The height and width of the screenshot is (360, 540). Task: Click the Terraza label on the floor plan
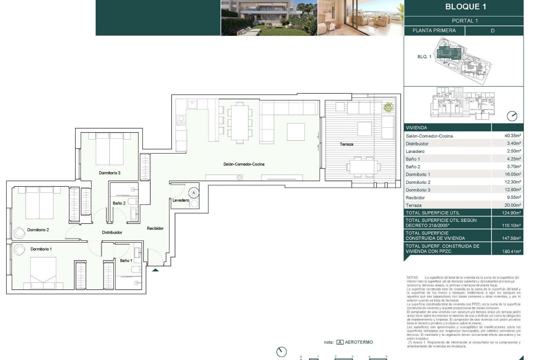click(x=346, y=144)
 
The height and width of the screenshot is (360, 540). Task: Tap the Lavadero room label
click(x=181, y=200)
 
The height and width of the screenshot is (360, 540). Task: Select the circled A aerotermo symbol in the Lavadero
click(x=193, y=193)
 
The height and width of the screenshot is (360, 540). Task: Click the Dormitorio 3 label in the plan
click(x=109, y=173)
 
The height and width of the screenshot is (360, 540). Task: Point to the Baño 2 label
click(x=119, y=203)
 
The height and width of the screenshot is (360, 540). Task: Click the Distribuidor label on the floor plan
click(x=112, y=232)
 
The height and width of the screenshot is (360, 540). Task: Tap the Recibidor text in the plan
click(x=155, y=228)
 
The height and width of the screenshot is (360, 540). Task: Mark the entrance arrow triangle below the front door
click(x=155, y=270)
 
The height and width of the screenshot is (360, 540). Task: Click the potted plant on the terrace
click(x=388, y=107)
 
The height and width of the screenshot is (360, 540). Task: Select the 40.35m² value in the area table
click(x=512, y=136)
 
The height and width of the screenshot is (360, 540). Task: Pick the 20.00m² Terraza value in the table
click(x=512, y=205)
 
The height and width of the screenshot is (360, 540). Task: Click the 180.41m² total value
click(x=511, y=251)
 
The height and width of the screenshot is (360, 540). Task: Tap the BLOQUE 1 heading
click(x=465, y=7)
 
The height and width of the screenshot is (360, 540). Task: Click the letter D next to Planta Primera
click(x=492, y=31)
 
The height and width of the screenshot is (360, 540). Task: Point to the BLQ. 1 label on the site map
click(x=424, y=57)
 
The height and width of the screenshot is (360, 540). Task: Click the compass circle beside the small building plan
click(x=512, y=116)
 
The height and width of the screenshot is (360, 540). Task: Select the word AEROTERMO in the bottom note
click(x=359, y=342)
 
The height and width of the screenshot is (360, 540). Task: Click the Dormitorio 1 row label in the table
click(x=418, y=174)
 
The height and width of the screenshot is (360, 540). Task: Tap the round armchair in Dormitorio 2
click(x=19, y=233)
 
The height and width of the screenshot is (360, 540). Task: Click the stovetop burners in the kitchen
click(x=181, y=120)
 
